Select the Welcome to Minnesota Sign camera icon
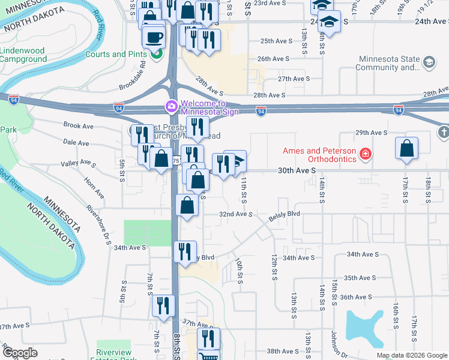point(171,107)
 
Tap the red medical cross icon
point(364,155)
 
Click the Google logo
point(20,353)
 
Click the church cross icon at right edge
point(443,131)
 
